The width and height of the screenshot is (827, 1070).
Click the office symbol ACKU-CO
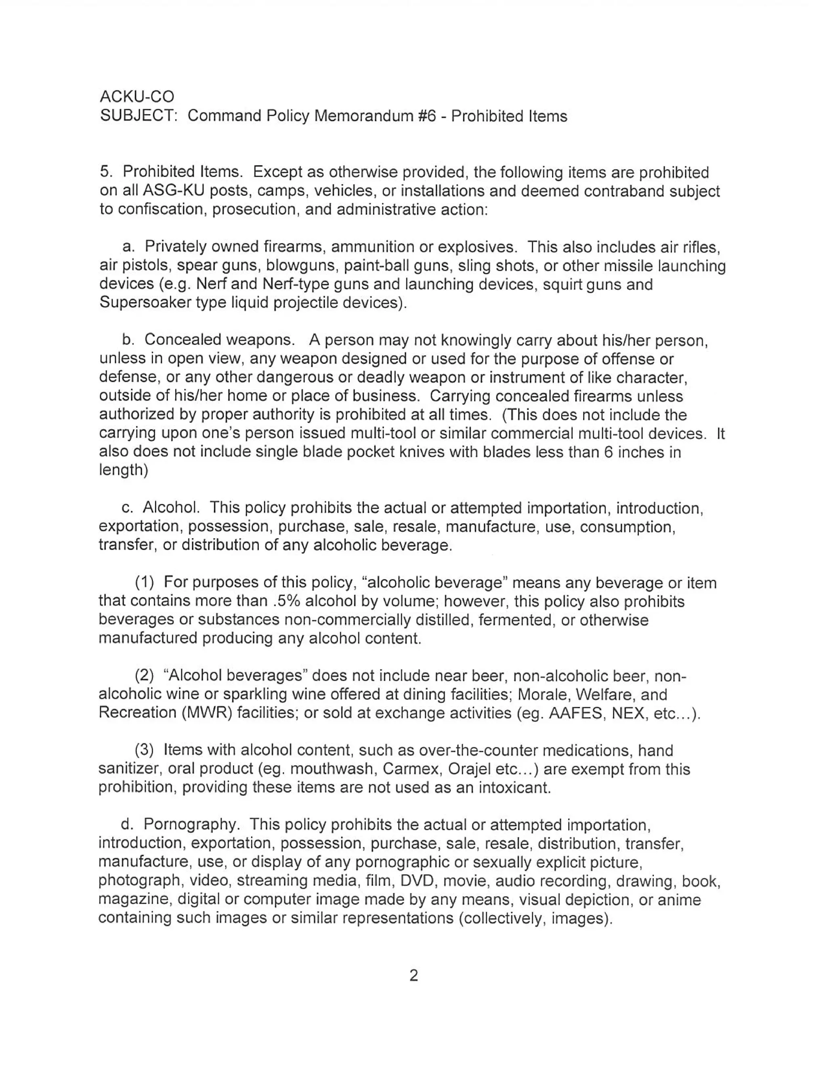[137, 97]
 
